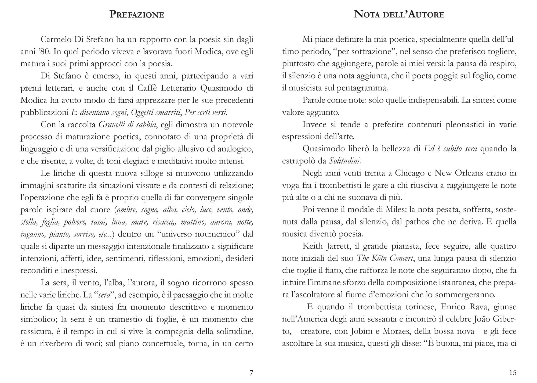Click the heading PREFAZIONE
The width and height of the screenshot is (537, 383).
(137, 15)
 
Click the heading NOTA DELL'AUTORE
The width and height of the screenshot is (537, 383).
(399, 15)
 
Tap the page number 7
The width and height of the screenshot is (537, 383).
(251, 373)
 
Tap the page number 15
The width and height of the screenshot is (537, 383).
(513, 373)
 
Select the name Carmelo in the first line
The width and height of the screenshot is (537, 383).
(55, 40)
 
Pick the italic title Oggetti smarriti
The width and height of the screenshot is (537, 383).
(156, 112)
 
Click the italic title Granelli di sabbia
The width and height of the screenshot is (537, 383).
(127, 125)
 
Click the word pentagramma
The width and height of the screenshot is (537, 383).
(364, 88)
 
